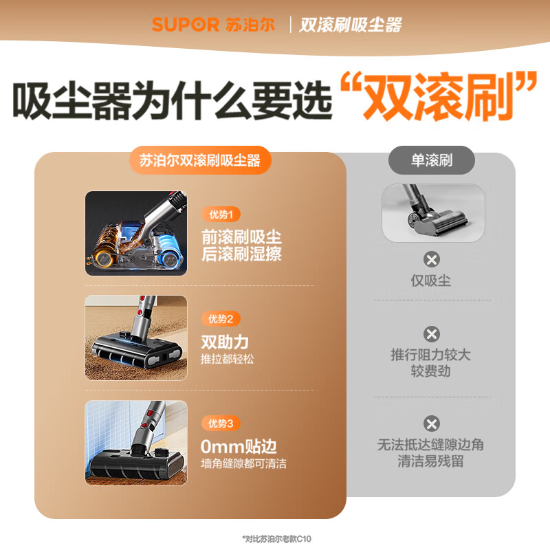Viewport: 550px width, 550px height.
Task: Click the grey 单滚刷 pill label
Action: pyautogui.click(x=432, y=160)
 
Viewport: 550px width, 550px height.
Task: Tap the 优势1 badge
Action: pyautogui.click(x=221, y=214)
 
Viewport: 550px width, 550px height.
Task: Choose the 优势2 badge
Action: pyautogui.click(x=221, y=319)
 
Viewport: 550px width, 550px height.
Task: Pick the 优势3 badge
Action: pyautogui.click(x=221, y=423)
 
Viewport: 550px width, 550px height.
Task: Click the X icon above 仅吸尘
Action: pyautogui.click(x=432, y=260)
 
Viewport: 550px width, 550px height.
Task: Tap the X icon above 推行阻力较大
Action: pyautogui.click(x=432, y=335)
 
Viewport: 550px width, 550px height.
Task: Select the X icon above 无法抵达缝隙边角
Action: pyautogui.click(x=432, y=423)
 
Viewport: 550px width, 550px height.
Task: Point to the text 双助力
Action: pyautogui.click(x=224, y=342)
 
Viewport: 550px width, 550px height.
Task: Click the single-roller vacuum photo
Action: pyautogui.click(x=433, y=212)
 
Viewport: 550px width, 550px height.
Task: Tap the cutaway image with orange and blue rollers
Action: pyautogui.click(x=135, y=233)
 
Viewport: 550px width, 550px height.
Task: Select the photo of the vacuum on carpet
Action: pyautogui.click(x=135, y=338)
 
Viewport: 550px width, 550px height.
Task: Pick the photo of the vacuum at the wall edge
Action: pyautogui.click(x=135, y=442)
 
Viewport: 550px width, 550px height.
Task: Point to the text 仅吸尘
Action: pyautogui.click(x=431, y=280)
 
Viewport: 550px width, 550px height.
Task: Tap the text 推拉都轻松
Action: pyautogui.click(x=228, y=360)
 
